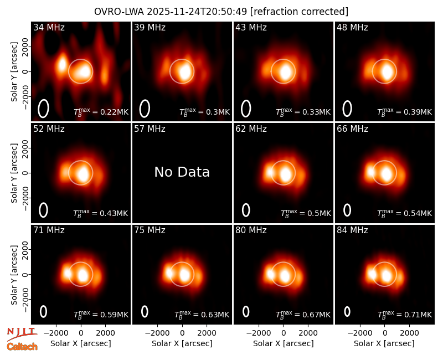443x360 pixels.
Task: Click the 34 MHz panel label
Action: click(x=49, y=27)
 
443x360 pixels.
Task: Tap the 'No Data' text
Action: click(x=182, y=172)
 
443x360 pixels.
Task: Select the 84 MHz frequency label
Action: click(x=352, y=230)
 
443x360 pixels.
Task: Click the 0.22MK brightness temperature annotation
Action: click(x=101, y=112)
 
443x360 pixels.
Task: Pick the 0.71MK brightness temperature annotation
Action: click(x=405, y=314)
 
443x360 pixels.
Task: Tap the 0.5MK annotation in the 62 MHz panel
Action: click(x=306, y=213)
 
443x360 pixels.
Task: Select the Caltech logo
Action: click(x=22, y=347)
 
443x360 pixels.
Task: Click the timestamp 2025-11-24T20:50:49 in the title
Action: click(x=197, y=12)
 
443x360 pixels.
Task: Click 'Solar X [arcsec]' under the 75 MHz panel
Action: click(x=182, y=343)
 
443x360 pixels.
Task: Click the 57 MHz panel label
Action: click(x=150, y=129)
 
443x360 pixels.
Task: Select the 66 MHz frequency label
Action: click(x=352, y=129)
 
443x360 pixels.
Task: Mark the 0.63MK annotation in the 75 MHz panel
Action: click(x=202, y=314)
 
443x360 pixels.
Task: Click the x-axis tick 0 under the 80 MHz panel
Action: click(x=284, y=333)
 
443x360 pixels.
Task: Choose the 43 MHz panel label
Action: click(x=251, y=27)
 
